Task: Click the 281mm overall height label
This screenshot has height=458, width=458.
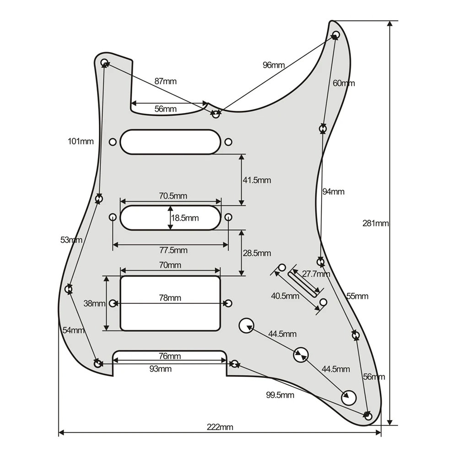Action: click(x=376, y=224)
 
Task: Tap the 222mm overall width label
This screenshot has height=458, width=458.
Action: click(x=220, y=427)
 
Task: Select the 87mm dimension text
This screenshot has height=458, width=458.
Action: click(x=165, y=81)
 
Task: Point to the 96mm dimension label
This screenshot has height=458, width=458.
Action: click(x=274, y=65)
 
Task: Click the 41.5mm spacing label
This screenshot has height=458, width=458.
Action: click(x=257, y=180)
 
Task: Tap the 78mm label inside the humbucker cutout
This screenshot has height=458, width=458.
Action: click(x=170, y=298)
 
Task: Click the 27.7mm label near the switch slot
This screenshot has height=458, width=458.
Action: click(x=317, y=275)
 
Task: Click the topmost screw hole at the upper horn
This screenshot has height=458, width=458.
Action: click(x=335, y=35)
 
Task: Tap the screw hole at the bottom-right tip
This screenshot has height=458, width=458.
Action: click(x=368, y=415)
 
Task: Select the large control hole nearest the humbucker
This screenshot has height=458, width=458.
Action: click(x=246, y=325)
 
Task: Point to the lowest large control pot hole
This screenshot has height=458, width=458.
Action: click(x=349, y=397)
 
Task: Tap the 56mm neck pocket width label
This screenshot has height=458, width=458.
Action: click(x=165, y=109)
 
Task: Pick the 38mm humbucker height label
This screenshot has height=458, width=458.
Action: click(x=93, y=303)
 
